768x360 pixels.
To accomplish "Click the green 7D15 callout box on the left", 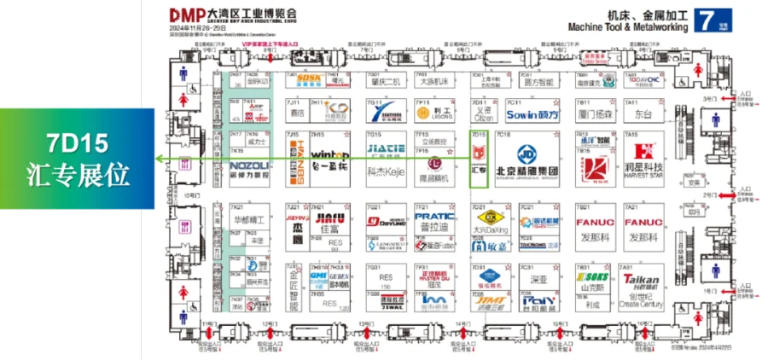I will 77,160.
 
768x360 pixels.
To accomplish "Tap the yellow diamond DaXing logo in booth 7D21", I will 484,218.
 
